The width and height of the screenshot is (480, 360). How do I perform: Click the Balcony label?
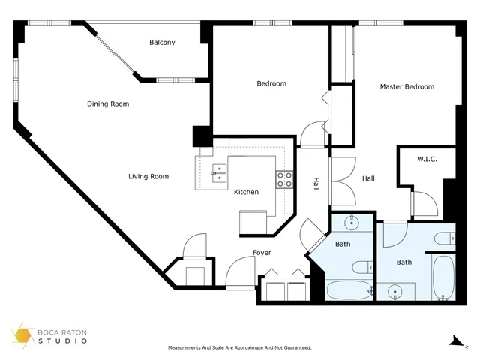click(x=162, y=43)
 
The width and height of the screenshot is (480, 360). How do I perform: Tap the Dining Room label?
click(x=108, y=103)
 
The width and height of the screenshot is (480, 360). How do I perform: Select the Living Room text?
click(x=148, y=177)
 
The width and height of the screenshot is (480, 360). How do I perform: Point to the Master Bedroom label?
click(x=407, y=87)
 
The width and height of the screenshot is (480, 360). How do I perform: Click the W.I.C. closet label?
click(x=427, y=159)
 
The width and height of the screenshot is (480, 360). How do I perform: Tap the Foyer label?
click(x=262, y=253)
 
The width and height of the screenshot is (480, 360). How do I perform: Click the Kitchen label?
click(x=246, y=192)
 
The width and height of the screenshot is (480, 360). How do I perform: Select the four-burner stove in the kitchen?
click(x=284, y=180)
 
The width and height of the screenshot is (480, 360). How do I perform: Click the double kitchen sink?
click(x=220, y=173)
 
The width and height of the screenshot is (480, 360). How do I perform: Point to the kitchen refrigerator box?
click(x=253, y=223)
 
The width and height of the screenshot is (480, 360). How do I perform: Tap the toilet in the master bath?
click(x=445, y=238)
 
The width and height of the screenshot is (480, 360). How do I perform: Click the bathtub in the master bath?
click(x=443, y=277)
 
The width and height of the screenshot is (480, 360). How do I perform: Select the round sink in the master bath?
click(x=395, y=291)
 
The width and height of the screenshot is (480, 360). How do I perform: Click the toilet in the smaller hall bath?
click(x=363, y=267)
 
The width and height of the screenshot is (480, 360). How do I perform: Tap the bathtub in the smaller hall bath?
click(x=349, y=290)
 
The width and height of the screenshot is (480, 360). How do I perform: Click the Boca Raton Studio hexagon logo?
click(x=22, y=335)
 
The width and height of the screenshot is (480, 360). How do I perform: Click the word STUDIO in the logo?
click(x=63, y=340)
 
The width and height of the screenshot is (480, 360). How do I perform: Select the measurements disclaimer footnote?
click(x=240, y=348)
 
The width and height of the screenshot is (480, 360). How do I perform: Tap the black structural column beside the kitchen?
click(x=202, y=136)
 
